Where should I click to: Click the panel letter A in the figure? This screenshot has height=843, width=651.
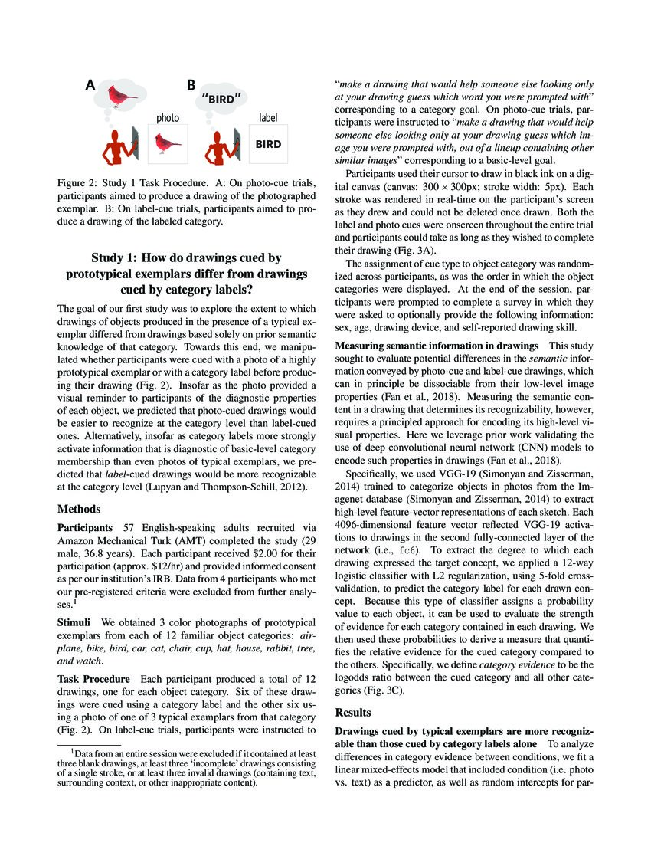[91, 87]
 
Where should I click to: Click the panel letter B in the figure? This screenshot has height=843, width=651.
[191, 87]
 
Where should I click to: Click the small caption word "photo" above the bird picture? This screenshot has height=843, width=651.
[168, 118]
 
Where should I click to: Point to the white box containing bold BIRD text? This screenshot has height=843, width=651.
[267, 143]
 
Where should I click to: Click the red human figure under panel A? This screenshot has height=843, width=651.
[116, 145]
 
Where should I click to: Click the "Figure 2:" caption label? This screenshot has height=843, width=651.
[79, 185]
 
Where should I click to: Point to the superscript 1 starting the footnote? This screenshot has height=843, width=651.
[73, 752]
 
